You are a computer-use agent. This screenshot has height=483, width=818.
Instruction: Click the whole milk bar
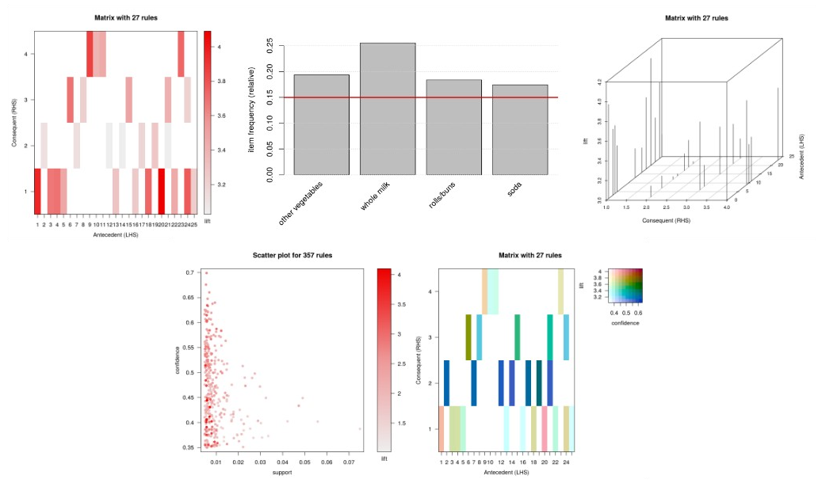point(388,109)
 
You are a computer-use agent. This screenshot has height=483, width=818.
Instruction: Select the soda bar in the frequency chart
point(519,130)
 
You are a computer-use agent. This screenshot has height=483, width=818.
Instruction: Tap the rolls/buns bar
point(453,127)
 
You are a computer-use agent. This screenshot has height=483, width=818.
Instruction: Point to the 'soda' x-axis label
point(517,190)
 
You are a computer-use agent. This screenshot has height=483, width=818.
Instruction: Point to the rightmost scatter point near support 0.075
point(360,429)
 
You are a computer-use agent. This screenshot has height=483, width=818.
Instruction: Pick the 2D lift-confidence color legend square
point(626,286)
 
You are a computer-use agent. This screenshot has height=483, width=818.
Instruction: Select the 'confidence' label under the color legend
point(625,322)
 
